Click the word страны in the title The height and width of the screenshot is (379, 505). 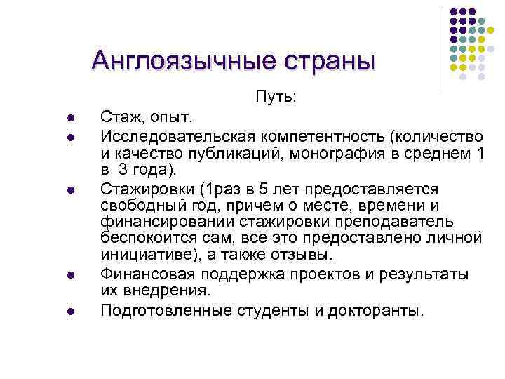[328, 61]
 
